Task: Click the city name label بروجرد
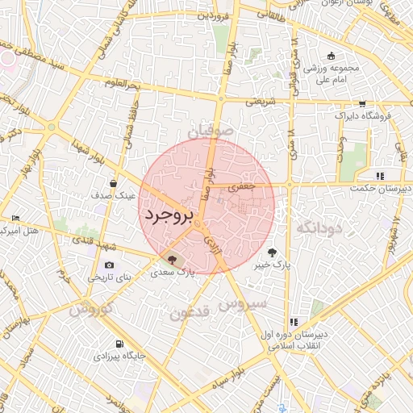169,216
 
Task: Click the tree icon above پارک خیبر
279,252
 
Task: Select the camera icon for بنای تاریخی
109,265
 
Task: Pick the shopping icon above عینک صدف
121,182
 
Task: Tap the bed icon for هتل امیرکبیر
16,219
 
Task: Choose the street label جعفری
242,186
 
